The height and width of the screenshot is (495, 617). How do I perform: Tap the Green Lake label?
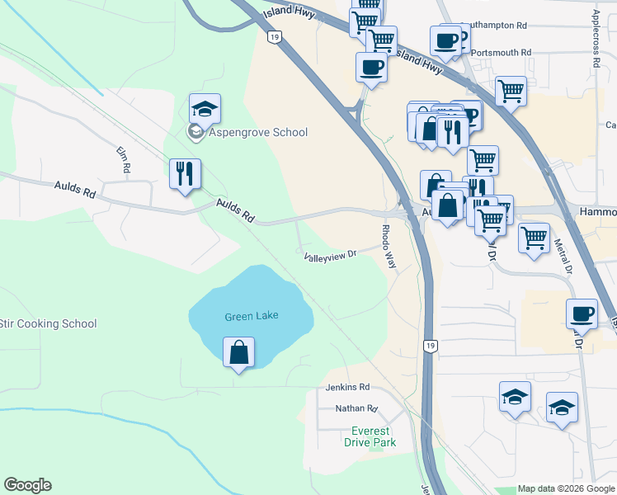(251, 316)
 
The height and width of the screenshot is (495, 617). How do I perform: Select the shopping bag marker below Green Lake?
(238, 353)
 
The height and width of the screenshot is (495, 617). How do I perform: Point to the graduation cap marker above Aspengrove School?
(205, 109)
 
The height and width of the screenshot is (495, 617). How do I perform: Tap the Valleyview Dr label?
(329, 256)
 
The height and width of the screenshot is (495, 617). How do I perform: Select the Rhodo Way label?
(388, 246)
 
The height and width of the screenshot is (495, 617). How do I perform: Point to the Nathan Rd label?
(356, 408)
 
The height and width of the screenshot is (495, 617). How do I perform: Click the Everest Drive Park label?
(373, 436)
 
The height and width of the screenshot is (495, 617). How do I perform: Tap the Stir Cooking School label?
(48, 324)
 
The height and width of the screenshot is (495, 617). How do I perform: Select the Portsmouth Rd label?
(502, 53)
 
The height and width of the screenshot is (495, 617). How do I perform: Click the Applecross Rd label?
(595, 38)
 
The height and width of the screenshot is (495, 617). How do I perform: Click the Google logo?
(27, 485)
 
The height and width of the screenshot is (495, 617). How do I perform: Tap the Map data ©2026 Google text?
(566, 488)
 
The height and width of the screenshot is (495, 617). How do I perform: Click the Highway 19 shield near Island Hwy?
(274, 36)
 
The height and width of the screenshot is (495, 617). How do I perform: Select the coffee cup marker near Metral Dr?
(582, 313)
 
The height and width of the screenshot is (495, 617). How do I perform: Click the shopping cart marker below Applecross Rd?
(511, 91)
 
